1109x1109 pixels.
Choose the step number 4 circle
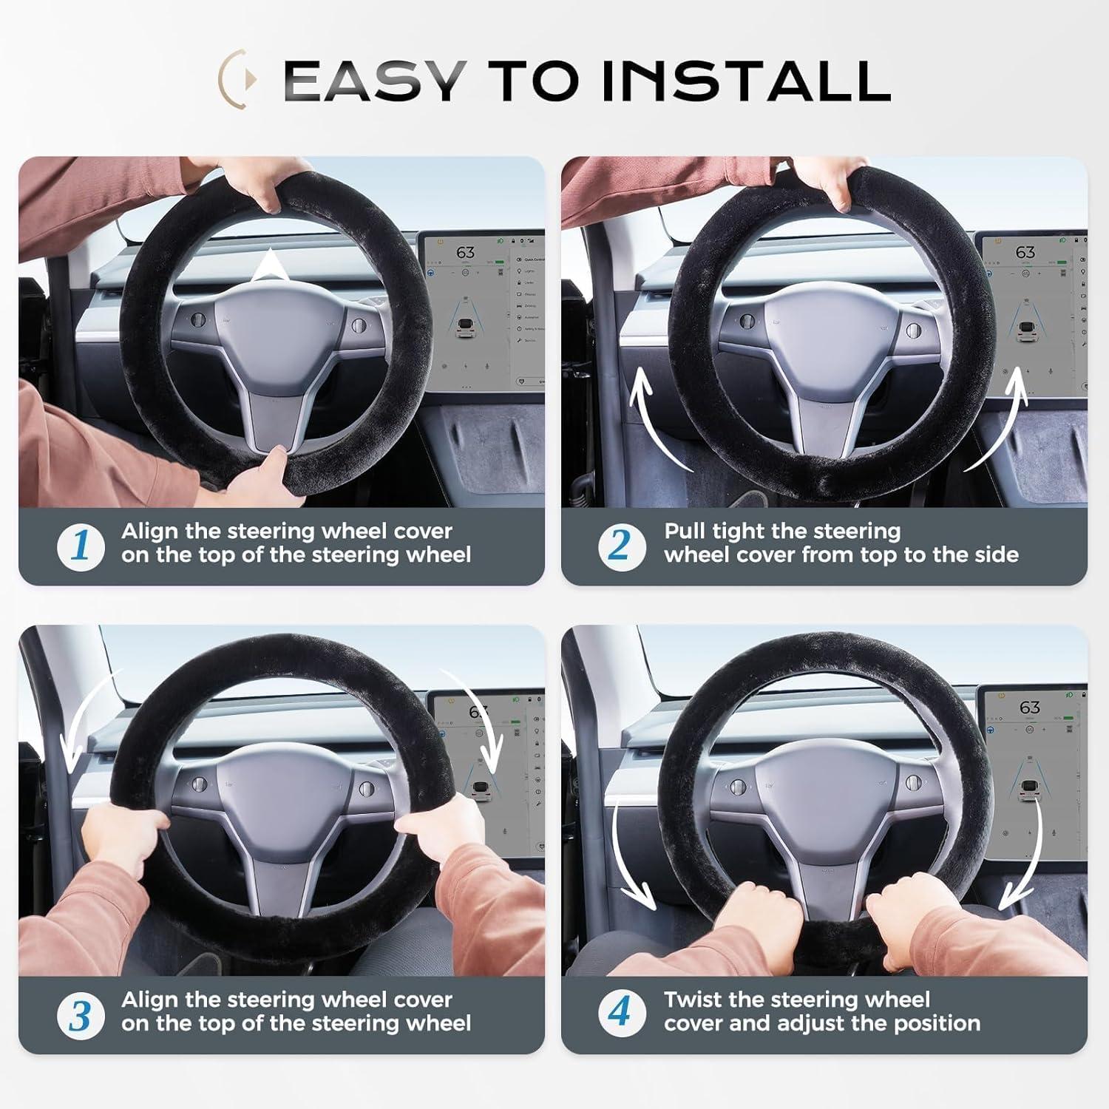pyautogui.click(x=620, y=1012)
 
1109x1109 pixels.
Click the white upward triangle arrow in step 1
pyautogui.click(x=273, y=266)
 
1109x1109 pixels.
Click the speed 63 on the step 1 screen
pyautogui.click(x=465, y=253)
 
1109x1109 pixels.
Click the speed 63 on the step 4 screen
pyautogui.click(x=1029, y=708)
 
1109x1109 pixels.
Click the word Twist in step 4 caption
pyautogui.click(x=696, y=1000)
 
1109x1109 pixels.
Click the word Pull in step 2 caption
pyautogui.click(x=685, y=531)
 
